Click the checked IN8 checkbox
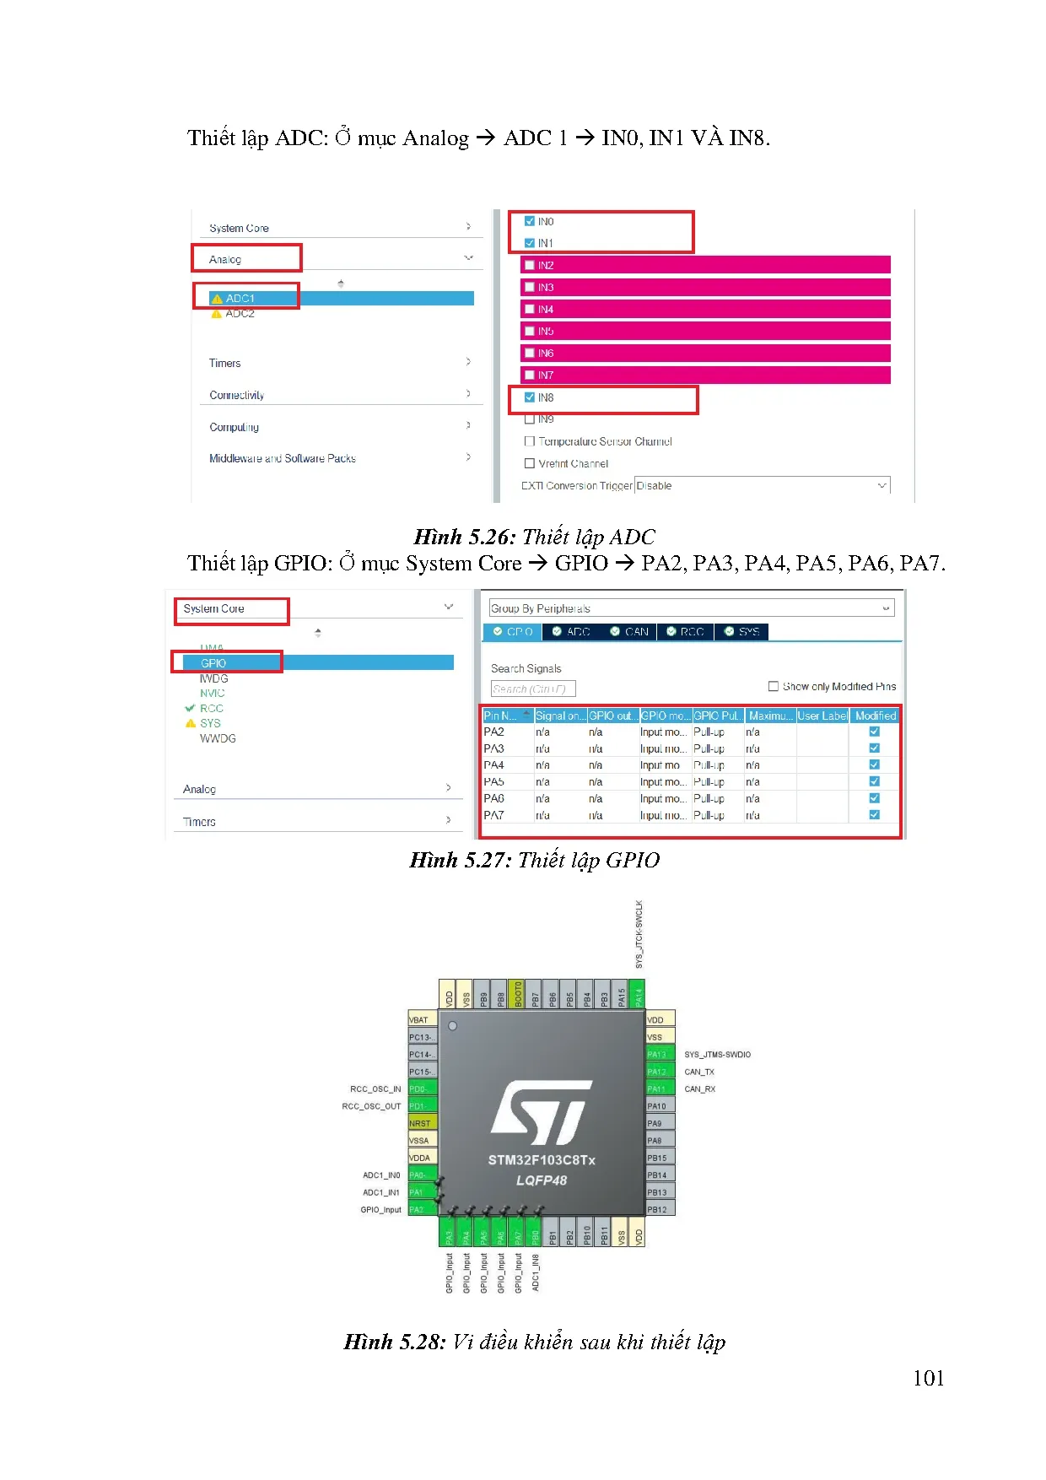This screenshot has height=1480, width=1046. click(x=530, y=397)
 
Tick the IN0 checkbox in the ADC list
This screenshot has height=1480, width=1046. click(x=530, y=221)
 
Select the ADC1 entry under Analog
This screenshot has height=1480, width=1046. click(x=240, y=299)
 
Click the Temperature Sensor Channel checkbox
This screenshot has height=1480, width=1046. click(x=530, y=441)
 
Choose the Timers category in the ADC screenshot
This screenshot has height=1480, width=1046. click(x=225, y=364)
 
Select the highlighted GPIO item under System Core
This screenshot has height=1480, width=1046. click(x=213, y=663)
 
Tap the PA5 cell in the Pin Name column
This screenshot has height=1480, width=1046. click(x=494, y=782)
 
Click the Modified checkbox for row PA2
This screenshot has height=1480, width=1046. click(x=874, y=732)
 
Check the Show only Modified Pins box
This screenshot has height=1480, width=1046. click(x=774, y=687)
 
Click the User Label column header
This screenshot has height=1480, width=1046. click(x=822, y=716)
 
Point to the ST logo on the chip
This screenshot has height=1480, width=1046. click(x=541, y=1111)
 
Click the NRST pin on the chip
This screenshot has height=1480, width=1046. click(x=421, y=1123)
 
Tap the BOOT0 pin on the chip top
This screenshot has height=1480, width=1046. click(x=518, y=993)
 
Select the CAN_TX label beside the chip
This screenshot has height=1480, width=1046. click(x=699, y=1072)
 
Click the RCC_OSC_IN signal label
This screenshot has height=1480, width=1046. click(x=375, y=1089)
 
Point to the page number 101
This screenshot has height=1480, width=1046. click(x=928, y=1378)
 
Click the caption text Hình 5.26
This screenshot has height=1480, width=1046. click(x=463, y=537)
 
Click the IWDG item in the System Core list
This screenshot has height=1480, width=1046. click(x=214, y=678)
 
